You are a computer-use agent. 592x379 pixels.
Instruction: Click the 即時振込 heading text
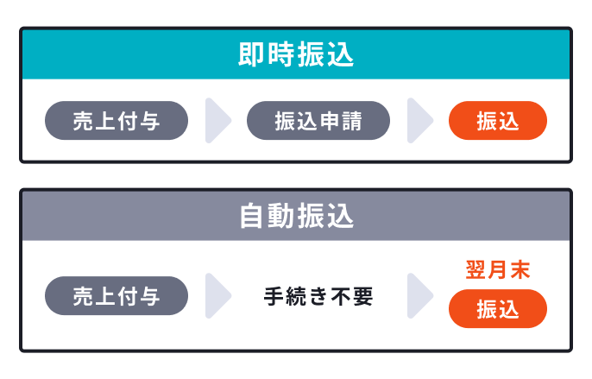point(296,55)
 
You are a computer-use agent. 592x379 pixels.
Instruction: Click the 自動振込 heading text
point(296,216)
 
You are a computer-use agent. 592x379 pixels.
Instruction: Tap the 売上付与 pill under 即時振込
point(116,121)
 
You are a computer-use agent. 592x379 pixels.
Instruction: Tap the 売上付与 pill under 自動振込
point(116,296)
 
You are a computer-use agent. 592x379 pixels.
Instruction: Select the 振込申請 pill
point(318,121)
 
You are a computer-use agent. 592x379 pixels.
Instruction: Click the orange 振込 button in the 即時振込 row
point(498,121)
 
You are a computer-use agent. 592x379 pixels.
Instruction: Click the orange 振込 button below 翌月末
point(498,309)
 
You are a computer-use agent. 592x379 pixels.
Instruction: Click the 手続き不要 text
point(318,297)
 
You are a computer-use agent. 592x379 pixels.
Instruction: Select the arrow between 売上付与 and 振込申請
point(217,121)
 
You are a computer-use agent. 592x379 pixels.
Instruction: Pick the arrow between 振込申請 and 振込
point(419,121)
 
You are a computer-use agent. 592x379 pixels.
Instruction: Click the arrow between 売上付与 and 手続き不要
point(217,296)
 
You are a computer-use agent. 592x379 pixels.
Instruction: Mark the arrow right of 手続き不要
point(419,296)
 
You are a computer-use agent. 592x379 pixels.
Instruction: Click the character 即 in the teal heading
point(251,55)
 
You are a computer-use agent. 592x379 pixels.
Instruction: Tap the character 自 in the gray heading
point(251,216)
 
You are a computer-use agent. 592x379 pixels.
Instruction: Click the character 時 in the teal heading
point(281,55)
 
